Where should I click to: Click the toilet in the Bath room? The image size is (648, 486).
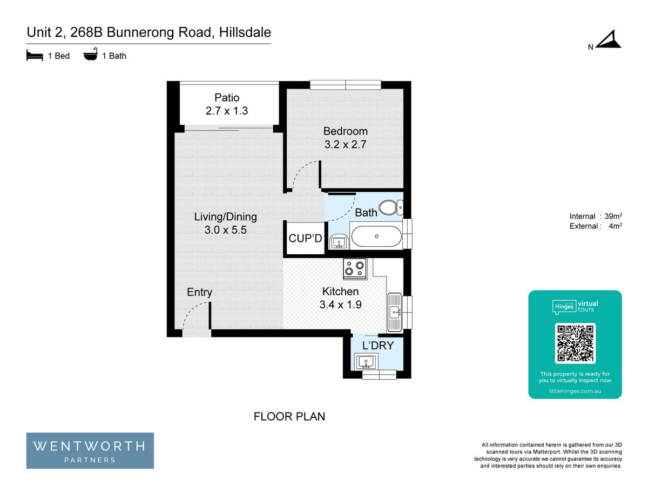click(390, 207)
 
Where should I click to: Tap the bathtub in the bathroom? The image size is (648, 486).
click(376, 236)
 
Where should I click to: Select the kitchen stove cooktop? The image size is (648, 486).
click(355, 268)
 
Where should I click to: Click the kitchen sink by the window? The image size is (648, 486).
click(394, 312)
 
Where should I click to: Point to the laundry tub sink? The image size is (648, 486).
click(366, 362)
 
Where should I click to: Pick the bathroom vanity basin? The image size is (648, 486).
click(339, 242)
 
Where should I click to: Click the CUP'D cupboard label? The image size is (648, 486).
click(305, 238)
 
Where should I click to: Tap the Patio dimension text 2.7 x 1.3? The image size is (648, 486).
click(226, 111)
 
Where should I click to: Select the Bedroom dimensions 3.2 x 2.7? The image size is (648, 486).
click(345, 144)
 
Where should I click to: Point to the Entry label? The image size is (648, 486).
click(199, 292)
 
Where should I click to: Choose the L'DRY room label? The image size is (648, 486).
click(378, 345)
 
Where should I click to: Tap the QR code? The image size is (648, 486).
click(575, 343)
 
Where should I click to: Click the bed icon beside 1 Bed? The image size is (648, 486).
click(35, 55)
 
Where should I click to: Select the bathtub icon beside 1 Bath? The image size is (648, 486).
click(90, 54)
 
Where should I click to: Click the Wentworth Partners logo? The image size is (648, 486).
click(90, 450)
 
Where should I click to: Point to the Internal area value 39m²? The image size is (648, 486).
click(613, 216)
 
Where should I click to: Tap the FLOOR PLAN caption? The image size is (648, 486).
click(289, 416)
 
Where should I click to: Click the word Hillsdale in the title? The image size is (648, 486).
click(245, 32)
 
